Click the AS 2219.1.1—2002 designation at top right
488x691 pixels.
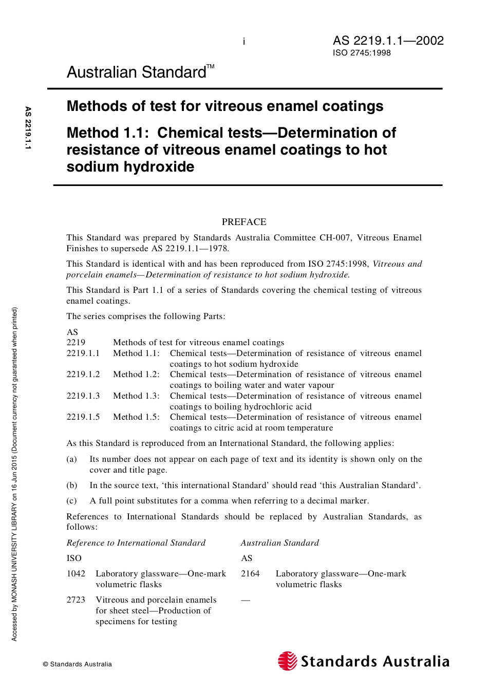coord(388,41)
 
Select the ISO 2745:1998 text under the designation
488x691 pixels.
coord(362,53)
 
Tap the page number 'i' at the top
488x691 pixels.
coord(244,42)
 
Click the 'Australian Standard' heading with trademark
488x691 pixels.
coord(140,72)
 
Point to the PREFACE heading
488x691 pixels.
coord(244,222)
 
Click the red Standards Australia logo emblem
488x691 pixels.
coord(288,661)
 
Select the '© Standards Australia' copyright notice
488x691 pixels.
coord(78,664)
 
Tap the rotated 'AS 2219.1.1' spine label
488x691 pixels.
coord(28,128)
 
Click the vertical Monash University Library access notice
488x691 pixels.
coord(14,474)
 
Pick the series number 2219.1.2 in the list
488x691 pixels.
coord(83,375)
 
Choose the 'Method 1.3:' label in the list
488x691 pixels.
coord(136,396)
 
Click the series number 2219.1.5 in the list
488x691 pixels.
coord(83,417)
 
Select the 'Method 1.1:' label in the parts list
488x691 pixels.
coord(136,353)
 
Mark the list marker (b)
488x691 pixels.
coord(72,485)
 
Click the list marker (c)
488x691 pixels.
coord(72,501)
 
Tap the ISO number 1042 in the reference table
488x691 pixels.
coord(76,574)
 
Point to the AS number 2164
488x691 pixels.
coord(250,574)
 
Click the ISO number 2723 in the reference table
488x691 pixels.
coord(76,600)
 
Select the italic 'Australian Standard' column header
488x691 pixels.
coord(280,543)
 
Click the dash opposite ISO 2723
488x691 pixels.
coord(246,600)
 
